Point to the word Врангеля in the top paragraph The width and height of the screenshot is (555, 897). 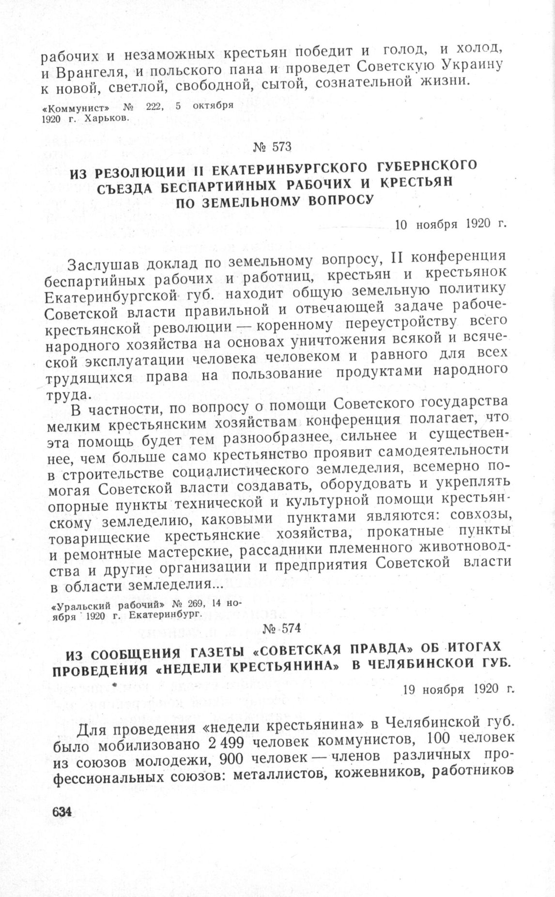91,74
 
